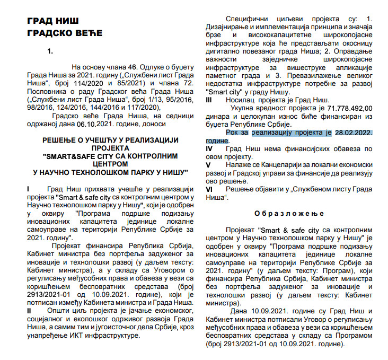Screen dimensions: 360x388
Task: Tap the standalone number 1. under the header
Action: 50,51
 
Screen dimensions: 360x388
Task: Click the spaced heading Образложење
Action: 289,214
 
